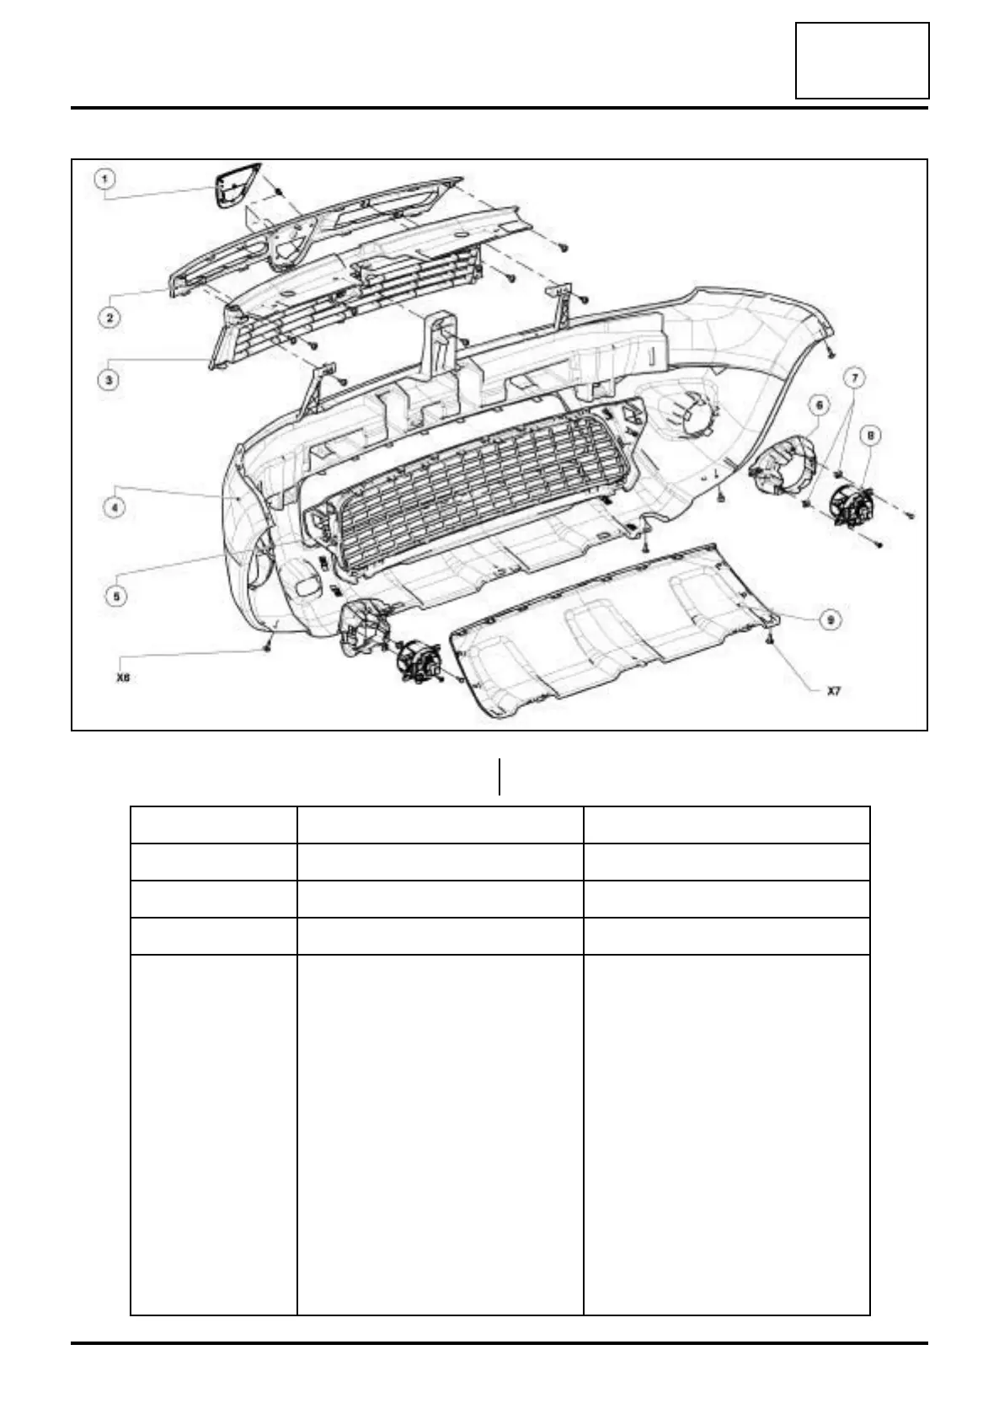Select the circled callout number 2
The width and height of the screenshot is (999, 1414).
tap(109, 317)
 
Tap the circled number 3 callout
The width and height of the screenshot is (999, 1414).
tap(108, 380)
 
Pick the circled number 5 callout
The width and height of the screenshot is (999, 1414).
tap(115, 595)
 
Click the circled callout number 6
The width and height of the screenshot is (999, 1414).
tap(816, 405)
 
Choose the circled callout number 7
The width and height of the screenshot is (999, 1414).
tap(857, 378)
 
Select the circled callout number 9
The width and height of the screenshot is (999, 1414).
tap(830, 619)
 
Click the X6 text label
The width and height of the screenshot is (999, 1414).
tap(123, 676)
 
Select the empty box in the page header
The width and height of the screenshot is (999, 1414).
tap(862, 61)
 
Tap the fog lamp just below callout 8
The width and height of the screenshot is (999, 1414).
tap(852, 506)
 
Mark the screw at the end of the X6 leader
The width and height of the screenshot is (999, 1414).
tap(268, 646)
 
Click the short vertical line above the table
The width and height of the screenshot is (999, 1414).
tap(499, 777)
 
